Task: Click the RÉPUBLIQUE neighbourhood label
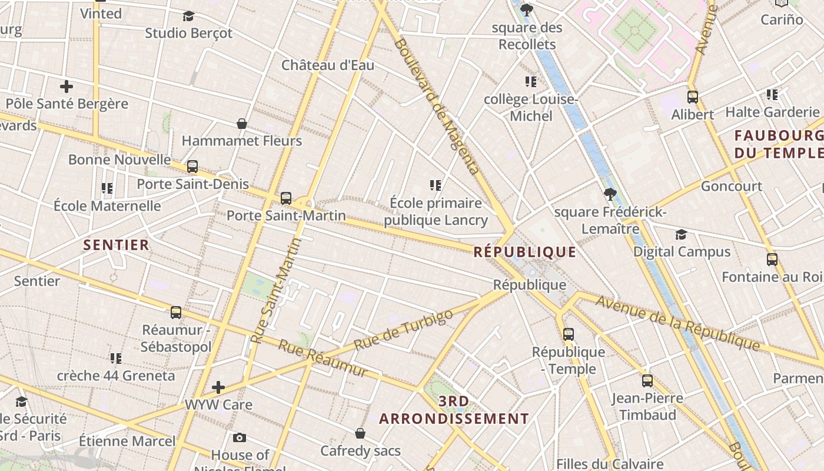tap(525, 252)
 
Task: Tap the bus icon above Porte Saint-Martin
tap(286, 198)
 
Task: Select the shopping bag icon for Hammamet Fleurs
tap(241, 124)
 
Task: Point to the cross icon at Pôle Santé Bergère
tap(67, 87)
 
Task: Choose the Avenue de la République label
tap(677, 323)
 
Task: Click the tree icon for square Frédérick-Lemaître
tap(610, 194)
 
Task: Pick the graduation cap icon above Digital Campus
tap(681, 234)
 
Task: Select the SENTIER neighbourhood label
tap(117, 245)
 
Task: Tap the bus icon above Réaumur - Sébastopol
tap(176, 313)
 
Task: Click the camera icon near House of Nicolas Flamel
tap(240, 437)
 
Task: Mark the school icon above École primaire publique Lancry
tap(436, 185)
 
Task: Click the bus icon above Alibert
tap(693, 97)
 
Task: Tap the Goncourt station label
tap(731, 187)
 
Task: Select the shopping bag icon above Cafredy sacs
tap(360, 433)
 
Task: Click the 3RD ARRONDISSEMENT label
tap(454, 410)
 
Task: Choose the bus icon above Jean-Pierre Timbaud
tap(647, 380)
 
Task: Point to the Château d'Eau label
tap(328, 65)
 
